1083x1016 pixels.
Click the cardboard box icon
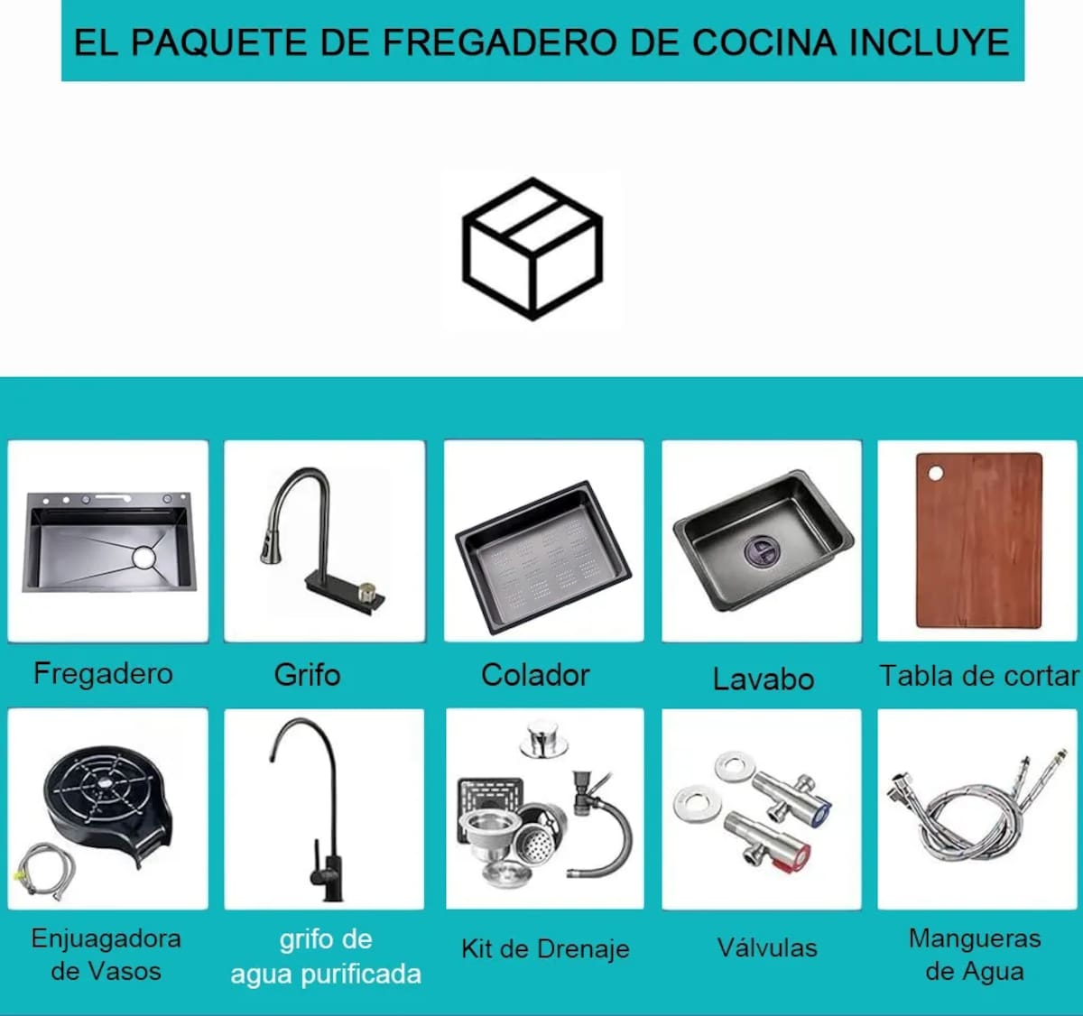532,248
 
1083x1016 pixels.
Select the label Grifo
307,675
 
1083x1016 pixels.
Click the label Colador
535,675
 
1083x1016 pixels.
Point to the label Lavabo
764,679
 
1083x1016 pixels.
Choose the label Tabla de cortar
978,676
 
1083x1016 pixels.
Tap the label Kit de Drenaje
545,949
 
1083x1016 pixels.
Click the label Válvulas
767,947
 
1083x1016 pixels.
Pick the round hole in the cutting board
936,474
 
